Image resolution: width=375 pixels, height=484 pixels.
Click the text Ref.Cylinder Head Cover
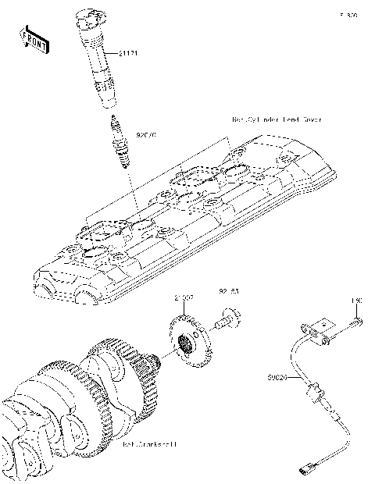[x=277, y=119]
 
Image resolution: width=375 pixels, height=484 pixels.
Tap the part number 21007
[x=185, y=298]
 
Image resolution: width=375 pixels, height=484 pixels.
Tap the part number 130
[x=356, y=300]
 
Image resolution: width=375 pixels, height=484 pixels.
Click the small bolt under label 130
[x=356, y=320]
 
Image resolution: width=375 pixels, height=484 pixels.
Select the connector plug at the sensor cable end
[x=305, y=469]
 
